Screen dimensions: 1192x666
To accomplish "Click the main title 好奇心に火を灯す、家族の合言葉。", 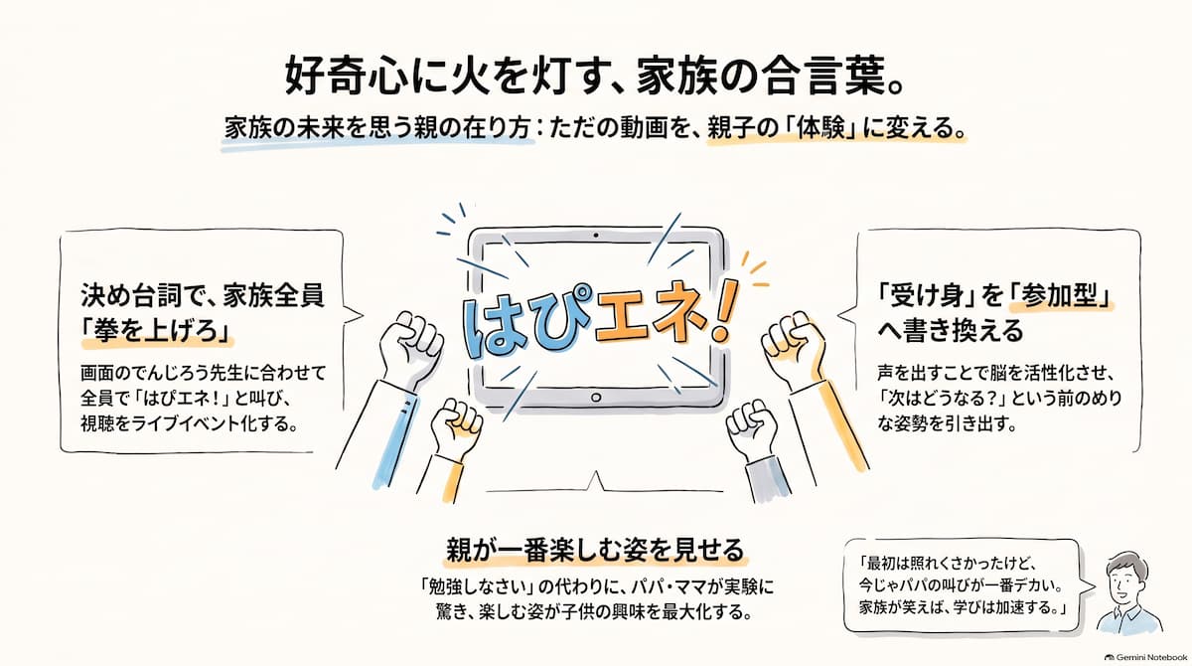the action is (x=594, y=77).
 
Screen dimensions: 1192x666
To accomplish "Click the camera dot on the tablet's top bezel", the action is (x=595, y=235).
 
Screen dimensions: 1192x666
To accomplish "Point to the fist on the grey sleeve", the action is (x=752, y=427).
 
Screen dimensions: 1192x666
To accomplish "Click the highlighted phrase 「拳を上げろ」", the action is (x=157, y=331).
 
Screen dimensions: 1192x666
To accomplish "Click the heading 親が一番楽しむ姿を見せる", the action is (x=595, y=551).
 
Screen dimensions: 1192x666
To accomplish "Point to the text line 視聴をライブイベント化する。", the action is (x=190, y=423).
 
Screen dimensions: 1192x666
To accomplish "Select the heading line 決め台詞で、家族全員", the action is (x=203, y=296).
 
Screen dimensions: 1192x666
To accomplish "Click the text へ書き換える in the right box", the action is (x=951, y=331).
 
